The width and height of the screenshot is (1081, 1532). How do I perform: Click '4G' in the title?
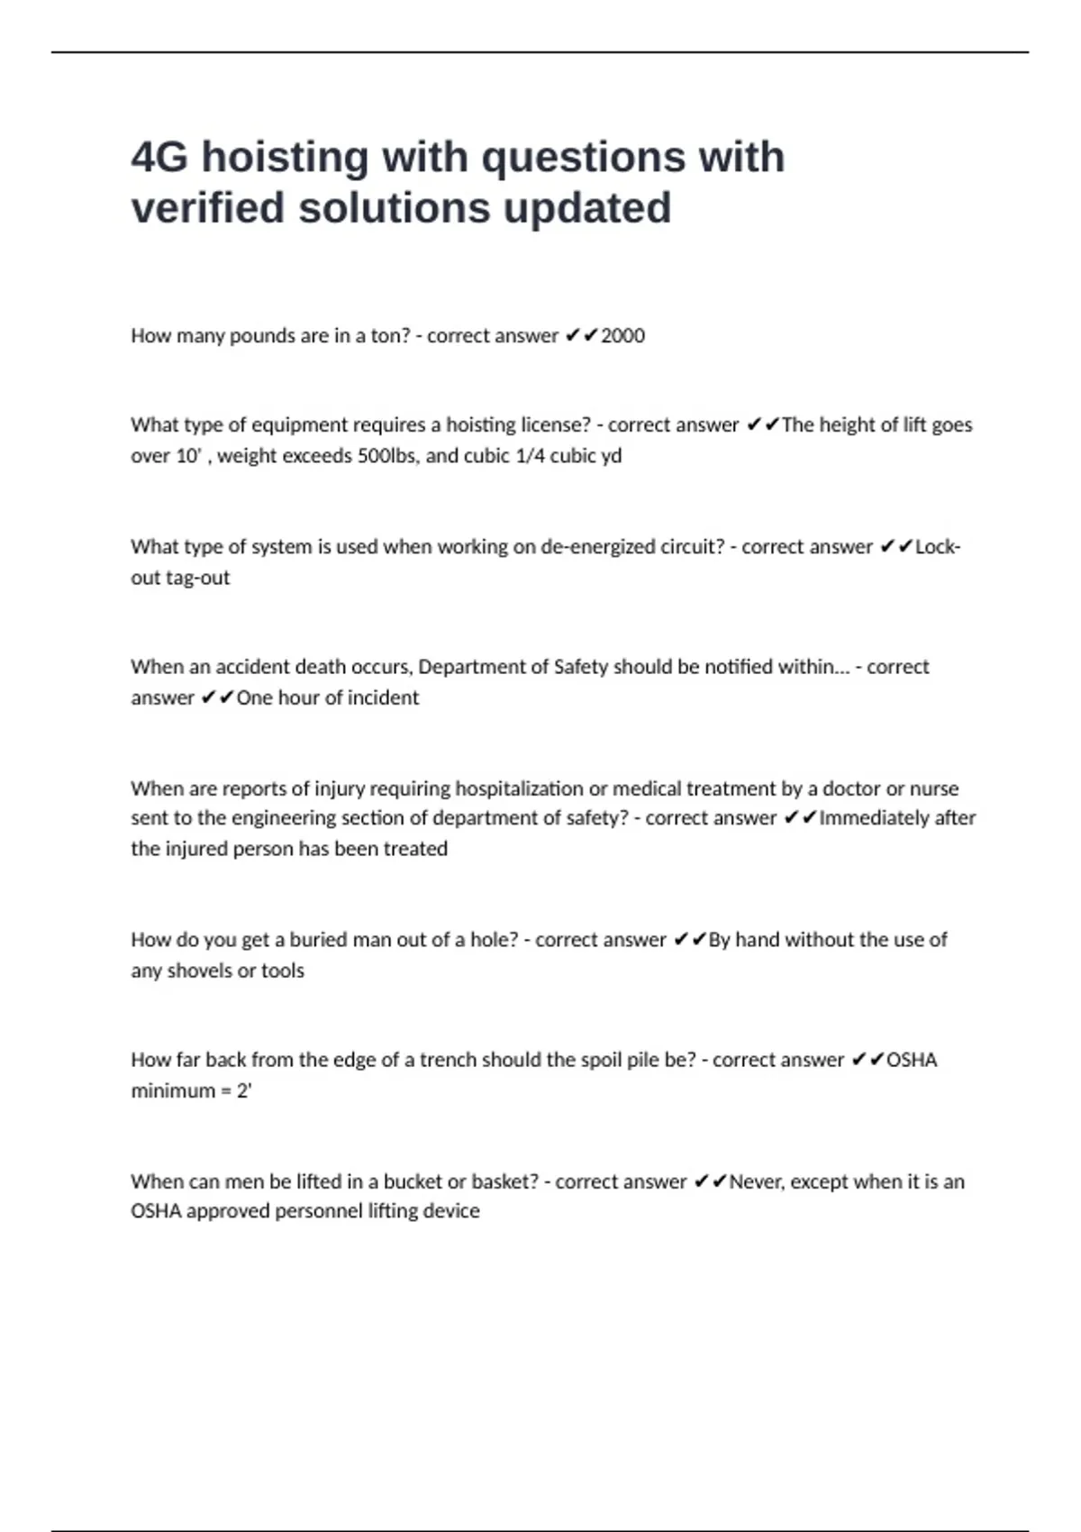pos(159,158)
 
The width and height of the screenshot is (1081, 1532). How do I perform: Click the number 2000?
pos(622,336)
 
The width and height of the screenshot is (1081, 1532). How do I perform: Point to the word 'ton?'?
pos(391,336)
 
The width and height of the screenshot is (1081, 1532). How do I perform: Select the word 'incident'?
pos(384,698)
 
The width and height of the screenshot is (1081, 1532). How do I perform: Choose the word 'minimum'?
pos(171,1090)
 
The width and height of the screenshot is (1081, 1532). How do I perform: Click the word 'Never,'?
pos(756,1181)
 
